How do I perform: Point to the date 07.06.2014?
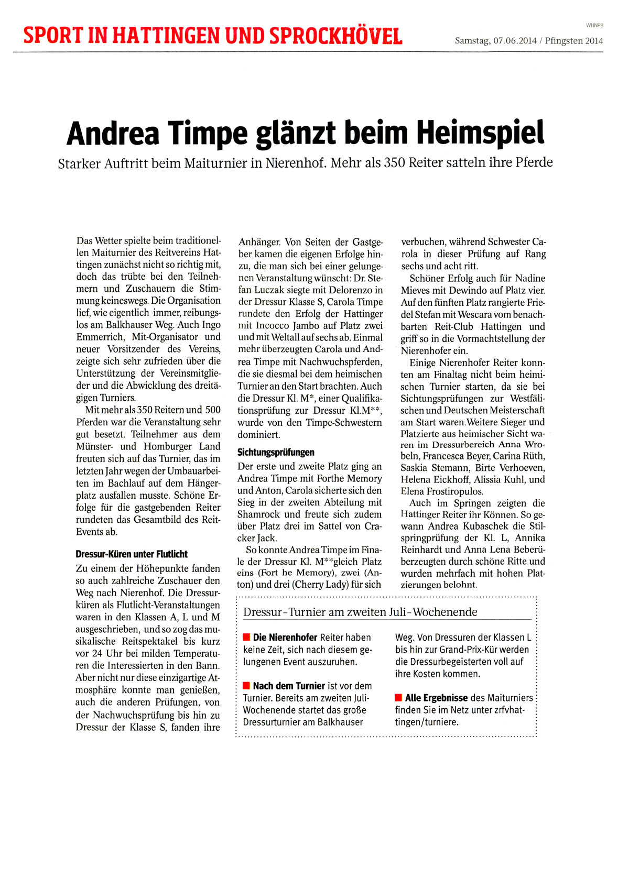[515, 41]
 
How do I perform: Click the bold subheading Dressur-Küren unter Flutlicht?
[132, 554]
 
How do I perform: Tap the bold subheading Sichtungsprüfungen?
[276, 453]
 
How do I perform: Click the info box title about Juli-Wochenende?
[360, 612]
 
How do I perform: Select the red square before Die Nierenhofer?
[246, 638]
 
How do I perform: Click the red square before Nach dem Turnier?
[246, 686]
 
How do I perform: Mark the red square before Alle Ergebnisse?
[398, 698]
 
